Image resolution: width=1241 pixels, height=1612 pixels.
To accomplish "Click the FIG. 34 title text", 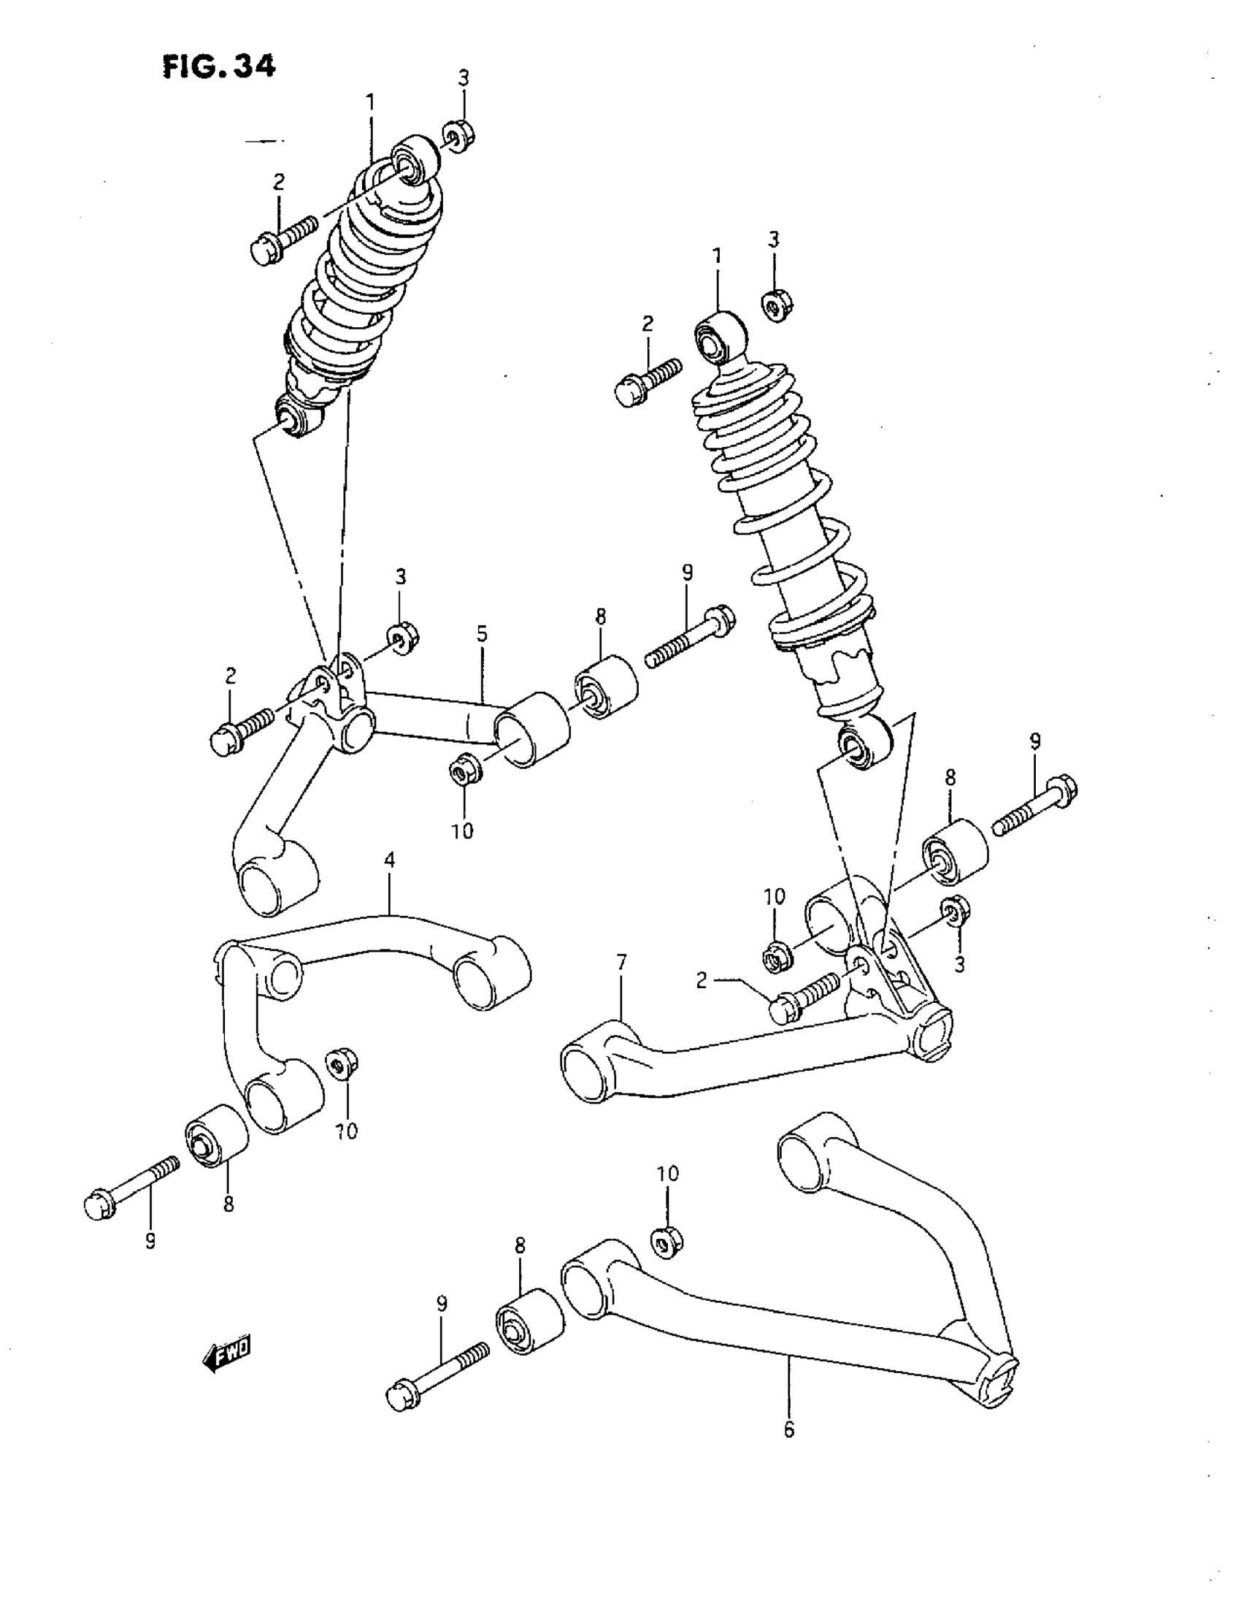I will (x=218, y=66).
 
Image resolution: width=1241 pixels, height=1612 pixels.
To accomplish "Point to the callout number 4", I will (x=390, y=859).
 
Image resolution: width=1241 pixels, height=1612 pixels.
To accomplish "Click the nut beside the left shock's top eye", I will (x=459, y=135).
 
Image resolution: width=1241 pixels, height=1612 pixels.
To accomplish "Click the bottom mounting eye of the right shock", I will (x=864, y=745).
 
